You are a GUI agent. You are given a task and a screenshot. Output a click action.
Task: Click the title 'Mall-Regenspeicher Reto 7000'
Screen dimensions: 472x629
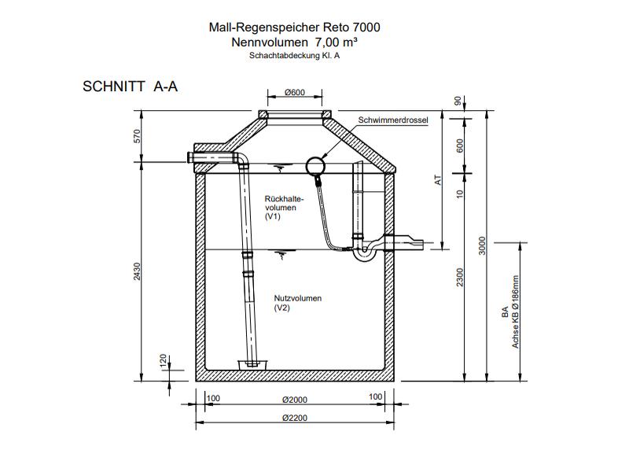click(294, 28)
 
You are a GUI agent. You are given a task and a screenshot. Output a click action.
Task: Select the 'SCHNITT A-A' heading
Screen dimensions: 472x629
click(130, 87)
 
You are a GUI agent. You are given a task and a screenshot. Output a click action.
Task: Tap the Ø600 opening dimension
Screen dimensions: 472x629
click(294, 94)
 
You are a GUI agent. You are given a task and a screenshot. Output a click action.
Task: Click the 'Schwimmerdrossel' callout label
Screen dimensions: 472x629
click(392, 120)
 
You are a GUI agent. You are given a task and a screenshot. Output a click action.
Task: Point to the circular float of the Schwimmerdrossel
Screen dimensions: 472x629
click(316, 164)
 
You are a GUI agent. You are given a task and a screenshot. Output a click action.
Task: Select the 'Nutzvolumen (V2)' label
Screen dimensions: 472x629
click(298, 304)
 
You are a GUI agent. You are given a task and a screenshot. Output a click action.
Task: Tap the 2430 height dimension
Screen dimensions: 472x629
click(138, 271)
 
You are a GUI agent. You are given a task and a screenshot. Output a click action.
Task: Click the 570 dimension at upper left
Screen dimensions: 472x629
click(138, 135)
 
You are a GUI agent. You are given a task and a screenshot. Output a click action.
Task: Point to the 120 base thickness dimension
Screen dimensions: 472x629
click(164, 360)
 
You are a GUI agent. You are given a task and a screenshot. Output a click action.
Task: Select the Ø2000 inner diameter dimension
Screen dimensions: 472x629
click(294, 398)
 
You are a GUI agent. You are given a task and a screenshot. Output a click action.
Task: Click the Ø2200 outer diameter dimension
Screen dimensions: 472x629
click(294, 419)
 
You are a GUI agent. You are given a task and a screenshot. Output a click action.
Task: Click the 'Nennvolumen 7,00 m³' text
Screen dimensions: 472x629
click(294, 42)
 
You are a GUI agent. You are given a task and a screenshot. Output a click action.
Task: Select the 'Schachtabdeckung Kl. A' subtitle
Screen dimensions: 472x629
click(294, 56)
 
